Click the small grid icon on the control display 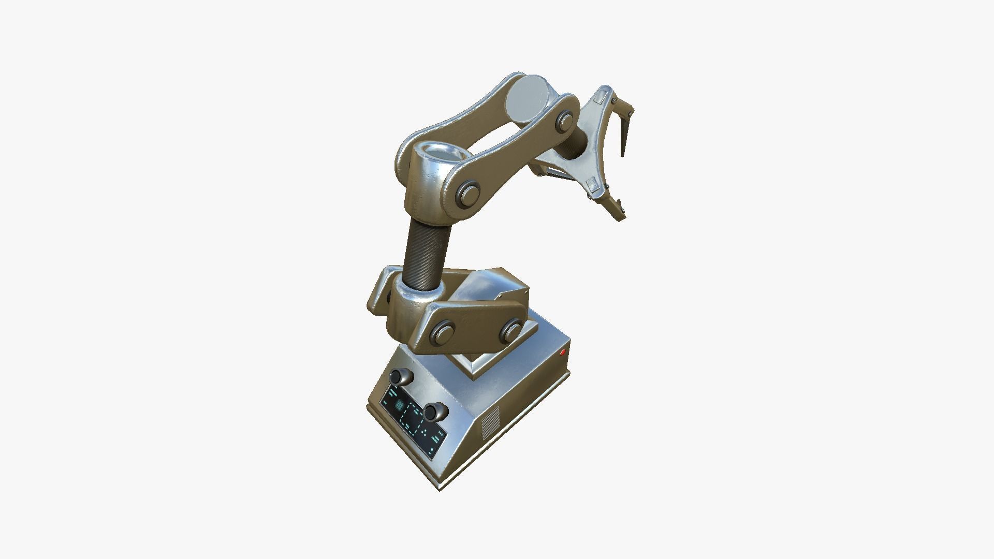click(399, 407)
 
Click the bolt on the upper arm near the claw click(565, 122)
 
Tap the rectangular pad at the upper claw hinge click(602, 97)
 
